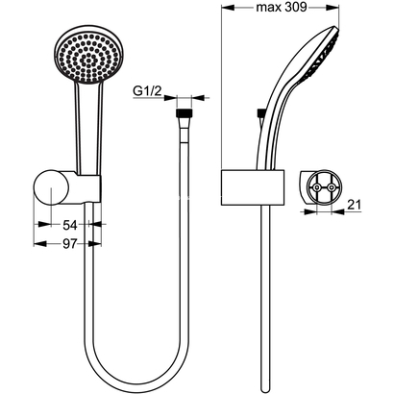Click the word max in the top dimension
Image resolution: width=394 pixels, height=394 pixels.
pyautogui.click(x=269, y=11)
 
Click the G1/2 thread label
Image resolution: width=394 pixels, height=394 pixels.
pyautogui.click(x=146, y=92)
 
